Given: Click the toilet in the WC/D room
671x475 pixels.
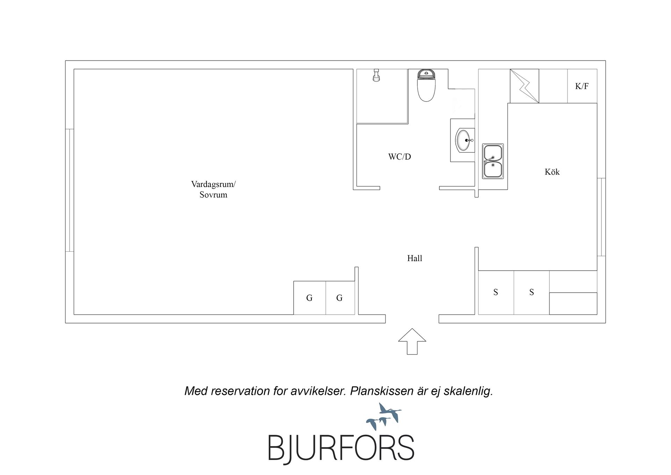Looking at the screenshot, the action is [426, 85].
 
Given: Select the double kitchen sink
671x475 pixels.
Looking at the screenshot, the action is [493, 161].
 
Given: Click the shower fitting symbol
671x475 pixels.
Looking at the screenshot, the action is [376, 75].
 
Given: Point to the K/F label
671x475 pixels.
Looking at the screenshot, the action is [582, 86].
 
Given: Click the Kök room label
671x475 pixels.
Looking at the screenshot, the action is [552, 172].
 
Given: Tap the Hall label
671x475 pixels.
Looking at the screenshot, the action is [415, 258].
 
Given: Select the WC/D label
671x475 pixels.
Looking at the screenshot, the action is [399, 157].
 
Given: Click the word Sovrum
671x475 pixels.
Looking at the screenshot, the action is [214, 195].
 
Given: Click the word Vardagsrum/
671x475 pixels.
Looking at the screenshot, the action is [214, 184].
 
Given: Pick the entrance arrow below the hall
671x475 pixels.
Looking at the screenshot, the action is [412, 341].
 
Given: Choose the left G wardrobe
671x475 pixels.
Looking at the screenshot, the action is [310, 298].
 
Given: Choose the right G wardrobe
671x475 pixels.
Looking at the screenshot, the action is [340, 298].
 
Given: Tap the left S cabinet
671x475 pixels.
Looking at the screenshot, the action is [496, 293].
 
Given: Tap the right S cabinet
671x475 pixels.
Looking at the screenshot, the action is [532, 293].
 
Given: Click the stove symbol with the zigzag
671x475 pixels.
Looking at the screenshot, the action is [524, 86].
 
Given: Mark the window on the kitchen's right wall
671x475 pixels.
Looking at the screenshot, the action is [601, 217].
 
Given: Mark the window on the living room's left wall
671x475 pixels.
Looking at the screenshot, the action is [70, 190].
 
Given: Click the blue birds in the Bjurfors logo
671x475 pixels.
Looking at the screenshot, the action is [384, 417].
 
